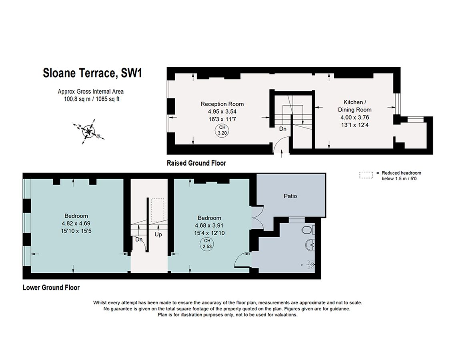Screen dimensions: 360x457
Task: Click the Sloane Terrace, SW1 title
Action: click(x=93, y=73)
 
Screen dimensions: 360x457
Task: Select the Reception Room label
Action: click(x=222, y=104)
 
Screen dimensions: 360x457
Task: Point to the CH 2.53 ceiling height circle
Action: click(x=207, y=243)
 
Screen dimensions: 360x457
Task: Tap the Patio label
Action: click(x=290, y=196)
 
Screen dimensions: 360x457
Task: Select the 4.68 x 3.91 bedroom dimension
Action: click(x=209, y=225)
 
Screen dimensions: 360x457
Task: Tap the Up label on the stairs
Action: click(x=158, y=234)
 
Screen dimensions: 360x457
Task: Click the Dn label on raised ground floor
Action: click(x=283, y=129)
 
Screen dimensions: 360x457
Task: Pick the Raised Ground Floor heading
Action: click(x=196, y=163)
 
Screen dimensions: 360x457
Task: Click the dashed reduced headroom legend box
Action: click(x=365, y=175)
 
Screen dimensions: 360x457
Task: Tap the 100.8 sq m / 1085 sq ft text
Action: click(x=89, y=99)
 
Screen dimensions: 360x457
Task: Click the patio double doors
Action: click(x=257, y=218)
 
